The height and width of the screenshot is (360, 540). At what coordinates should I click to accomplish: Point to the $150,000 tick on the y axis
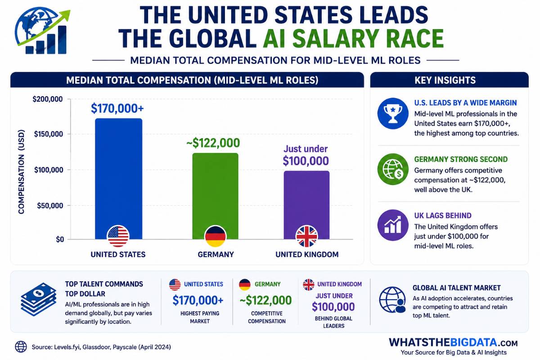tap(48, 134)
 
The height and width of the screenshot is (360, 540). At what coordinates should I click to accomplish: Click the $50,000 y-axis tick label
tap(50, 206)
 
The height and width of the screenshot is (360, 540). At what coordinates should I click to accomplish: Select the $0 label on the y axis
tap(60, 239)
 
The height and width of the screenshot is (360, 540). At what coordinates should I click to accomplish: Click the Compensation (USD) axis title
tap(21, 172)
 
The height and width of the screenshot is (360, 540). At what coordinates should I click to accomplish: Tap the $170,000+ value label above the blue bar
tap(117, 108)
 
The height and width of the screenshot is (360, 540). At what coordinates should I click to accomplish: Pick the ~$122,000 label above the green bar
tap(213, 143)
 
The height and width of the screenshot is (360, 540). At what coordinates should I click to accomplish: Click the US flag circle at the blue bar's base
tap(118, 236)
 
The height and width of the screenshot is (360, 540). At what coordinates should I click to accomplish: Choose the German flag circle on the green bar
tap(215, 236)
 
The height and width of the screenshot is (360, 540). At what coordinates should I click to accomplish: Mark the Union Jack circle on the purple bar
tap(306, 236)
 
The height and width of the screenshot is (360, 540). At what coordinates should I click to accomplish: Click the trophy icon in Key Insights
tap(393, 113)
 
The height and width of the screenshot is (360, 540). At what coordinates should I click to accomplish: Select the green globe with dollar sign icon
tap(393, 169)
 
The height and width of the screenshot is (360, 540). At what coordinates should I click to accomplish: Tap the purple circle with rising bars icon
tap(393, 225)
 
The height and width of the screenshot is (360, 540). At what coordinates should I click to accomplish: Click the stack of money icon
tap(39, 299)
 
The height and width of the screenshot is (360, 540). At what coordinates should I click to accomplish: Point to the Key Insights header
tap(445, 80)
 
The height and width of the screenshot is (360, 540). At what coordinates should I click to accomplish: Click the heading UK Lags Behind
tap(443, 216)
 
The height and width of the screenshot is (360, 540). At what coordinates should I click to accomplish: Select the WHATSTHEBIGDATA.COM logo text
tap(453, 342)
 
